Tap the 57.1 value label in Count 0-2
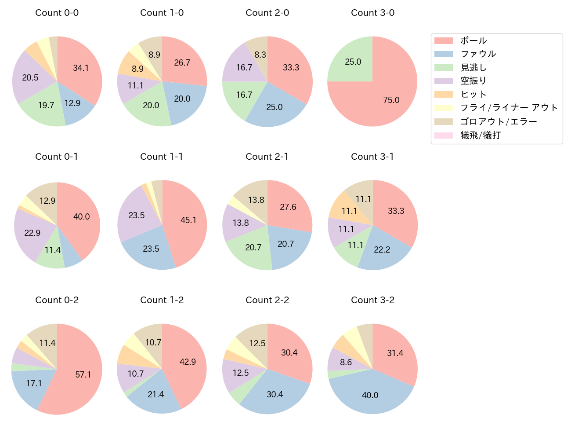(83, 374)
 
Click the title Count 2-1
(267, 157)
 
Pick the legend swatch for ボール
(443, 41)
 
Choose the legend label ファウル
(478, 54)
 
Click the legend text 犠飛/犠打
(480, 135)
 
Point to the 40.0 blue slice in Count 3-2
(370, 394)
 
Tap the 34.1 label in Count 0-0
(81, 68)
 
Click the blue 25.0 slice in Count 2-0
(274, 107)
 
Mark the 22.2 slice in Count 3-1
(382, 249)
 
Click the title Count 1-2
(162, 300)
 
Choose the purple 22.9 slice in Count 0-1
(32, 233)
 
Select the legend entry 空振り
(473, 81)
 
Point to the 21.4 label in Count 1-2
(156, 394)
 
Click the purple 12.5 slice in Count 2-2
(240, 373)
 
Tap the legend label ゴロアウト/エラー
(499, 121)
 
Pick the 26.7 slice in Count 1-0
(182, 62)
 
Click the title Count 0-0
(57, 13)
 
